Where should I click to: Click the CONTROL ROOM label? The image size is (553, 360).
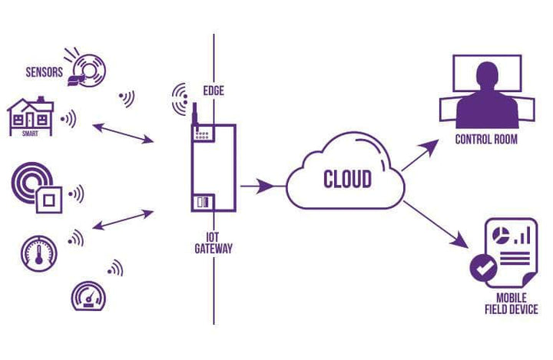click(x=486, y=140)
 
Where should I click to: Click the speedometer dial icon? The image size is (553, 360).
click(x=88, y=296)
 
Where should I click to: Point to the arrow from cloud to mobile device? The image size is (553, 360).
click(x=436, y=224)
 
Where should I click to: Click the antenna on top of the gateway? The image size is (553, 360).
click(x=194, y=115)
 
